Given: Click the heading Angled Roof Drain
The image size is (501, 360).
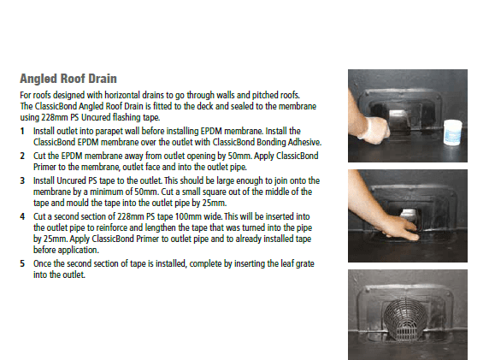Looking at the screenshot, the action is click(x=68, y=79).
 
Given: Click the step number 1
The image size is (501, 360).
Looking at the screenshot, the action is click(x=22, y=131).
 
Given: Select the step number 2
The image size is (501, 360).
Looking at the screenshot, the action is click(x=22, y=156).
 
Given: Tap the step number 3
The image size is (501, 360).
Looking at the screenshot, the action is click(x=22, y=180).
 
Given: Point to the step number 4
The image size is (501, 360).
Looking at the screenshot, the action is click(x=22, y=216).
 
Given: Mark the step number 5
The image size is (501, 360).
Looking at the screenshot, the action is click(x=22, y=263).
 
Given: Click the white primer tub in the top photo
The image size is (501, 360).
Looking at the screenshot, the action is click(x=453, y=133).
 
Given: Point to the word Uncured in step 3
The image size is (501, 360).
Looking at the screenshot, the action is click(x=69, y=180).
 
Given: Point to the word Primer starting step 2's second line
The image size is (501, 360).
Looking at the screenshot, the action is click(x=44, y=167).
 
